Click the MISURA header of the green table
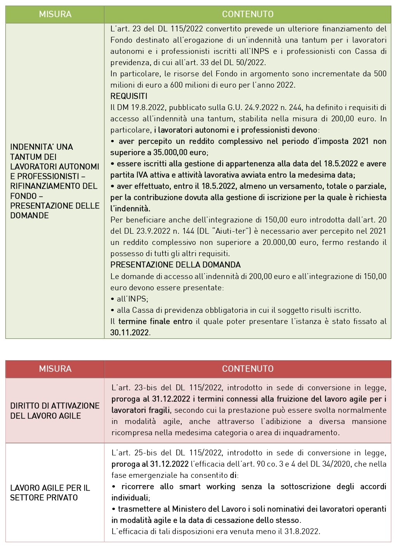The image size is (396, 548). coord(55,14)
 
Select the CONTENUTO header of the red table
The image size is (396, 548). coord(247,369)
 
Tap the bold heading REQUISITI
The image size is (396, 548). coord(129,96)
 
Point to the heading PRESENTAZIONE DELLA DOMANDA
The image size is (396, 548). coord(175,265)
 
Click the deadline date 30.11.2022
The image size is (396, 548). coord(130,333)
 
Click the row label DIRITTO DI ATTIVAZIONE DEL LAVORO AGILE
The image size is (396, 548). coord(55,410)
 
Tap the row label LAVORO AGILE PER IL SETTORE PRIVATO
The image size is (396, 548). coord(50,493)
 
